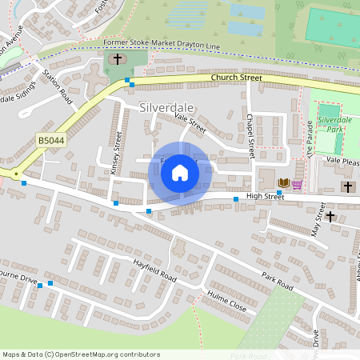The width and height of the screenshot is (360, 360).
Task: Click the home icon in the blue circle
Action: point(180,172)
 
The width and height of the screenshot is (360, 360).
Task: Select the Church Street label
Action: point(237,78)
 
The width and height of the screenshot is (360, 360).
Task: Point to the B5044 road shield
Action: point(50,141)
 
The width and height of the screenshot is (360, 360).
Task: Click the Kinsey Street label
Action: point(115,153)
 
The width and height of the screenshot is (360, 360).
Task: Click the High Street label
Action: point(265,196)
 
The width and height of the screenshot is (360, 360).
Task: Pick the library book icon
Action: point(282,184)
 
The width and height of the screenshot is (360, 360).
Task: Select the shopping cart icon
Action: point(297,184)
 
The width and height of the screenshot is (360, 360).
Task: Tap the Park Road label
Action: point(277,281)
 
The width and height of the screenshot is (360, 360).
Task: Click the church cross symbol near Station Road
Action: point(117,59)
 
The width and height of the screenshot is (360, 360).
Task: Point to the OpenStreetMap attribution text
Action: point(81,354)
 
